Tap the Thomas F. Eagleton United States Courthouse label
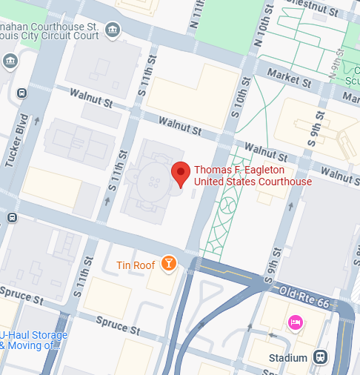tap(253, 176)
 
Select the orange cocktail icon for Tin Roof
tap(170, 264)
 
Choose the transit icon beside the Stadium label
tap(320, 357)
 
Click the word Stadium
tap(288, 358)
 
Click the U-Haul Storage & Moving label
tap(34, 340)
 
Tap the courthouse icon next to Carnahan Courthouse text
tap(112, 30)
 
